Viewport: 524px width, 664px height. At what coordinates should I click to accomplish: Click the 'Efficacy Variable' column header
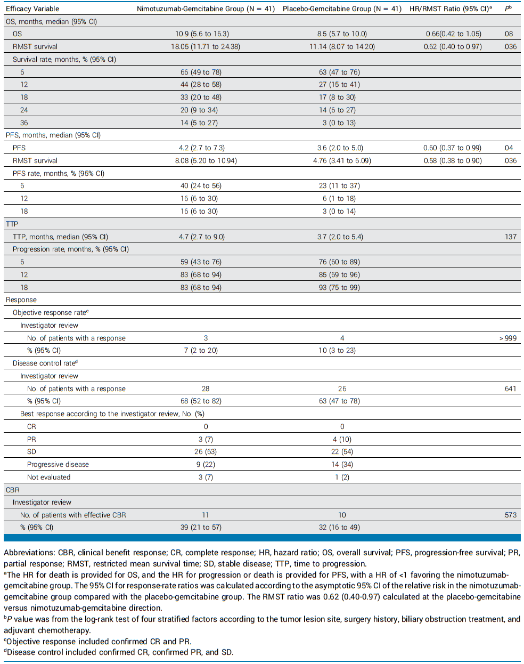pos(32,9)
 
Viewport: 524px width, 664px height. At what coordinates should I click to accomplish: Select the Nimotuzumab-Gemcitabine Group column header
pos(206,9)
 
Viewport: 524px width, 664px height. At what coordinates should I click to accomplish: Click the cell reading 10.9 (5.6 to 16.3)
pos(205,34)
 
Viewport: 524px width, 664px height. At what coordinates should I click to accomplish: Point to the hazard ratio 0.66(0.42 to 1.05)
pos(453,34)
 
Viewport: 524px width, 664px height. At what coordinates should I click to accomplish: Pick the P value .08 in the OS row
pos(508,34)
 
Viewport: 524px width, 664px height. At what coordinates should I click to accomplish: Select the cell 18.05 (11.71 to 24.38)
pos(205,46)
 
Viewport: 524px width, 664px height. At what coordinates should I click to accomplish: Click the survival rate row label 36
pos(24,123)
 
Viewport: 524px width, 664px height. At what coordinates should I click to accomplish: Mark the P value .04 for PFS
pos(508,148)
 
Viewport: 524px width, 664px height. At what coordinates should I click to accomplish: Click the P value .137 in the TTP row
pos(510,237)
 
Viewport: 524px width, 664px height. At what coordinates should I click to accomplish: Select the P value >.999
pos(508,338)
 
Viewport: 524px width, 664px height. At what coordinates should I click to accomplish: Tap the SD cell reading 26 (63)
pos(206,451)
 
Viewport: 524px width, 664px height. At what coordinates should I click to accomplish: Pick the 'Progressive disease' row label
pos(58,464)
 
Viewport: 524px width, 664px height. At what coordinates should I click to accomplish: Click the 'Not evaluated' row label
pos(48,477)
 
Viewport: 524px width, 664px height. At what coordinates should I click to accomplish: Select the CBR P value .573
pos(510,515)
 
